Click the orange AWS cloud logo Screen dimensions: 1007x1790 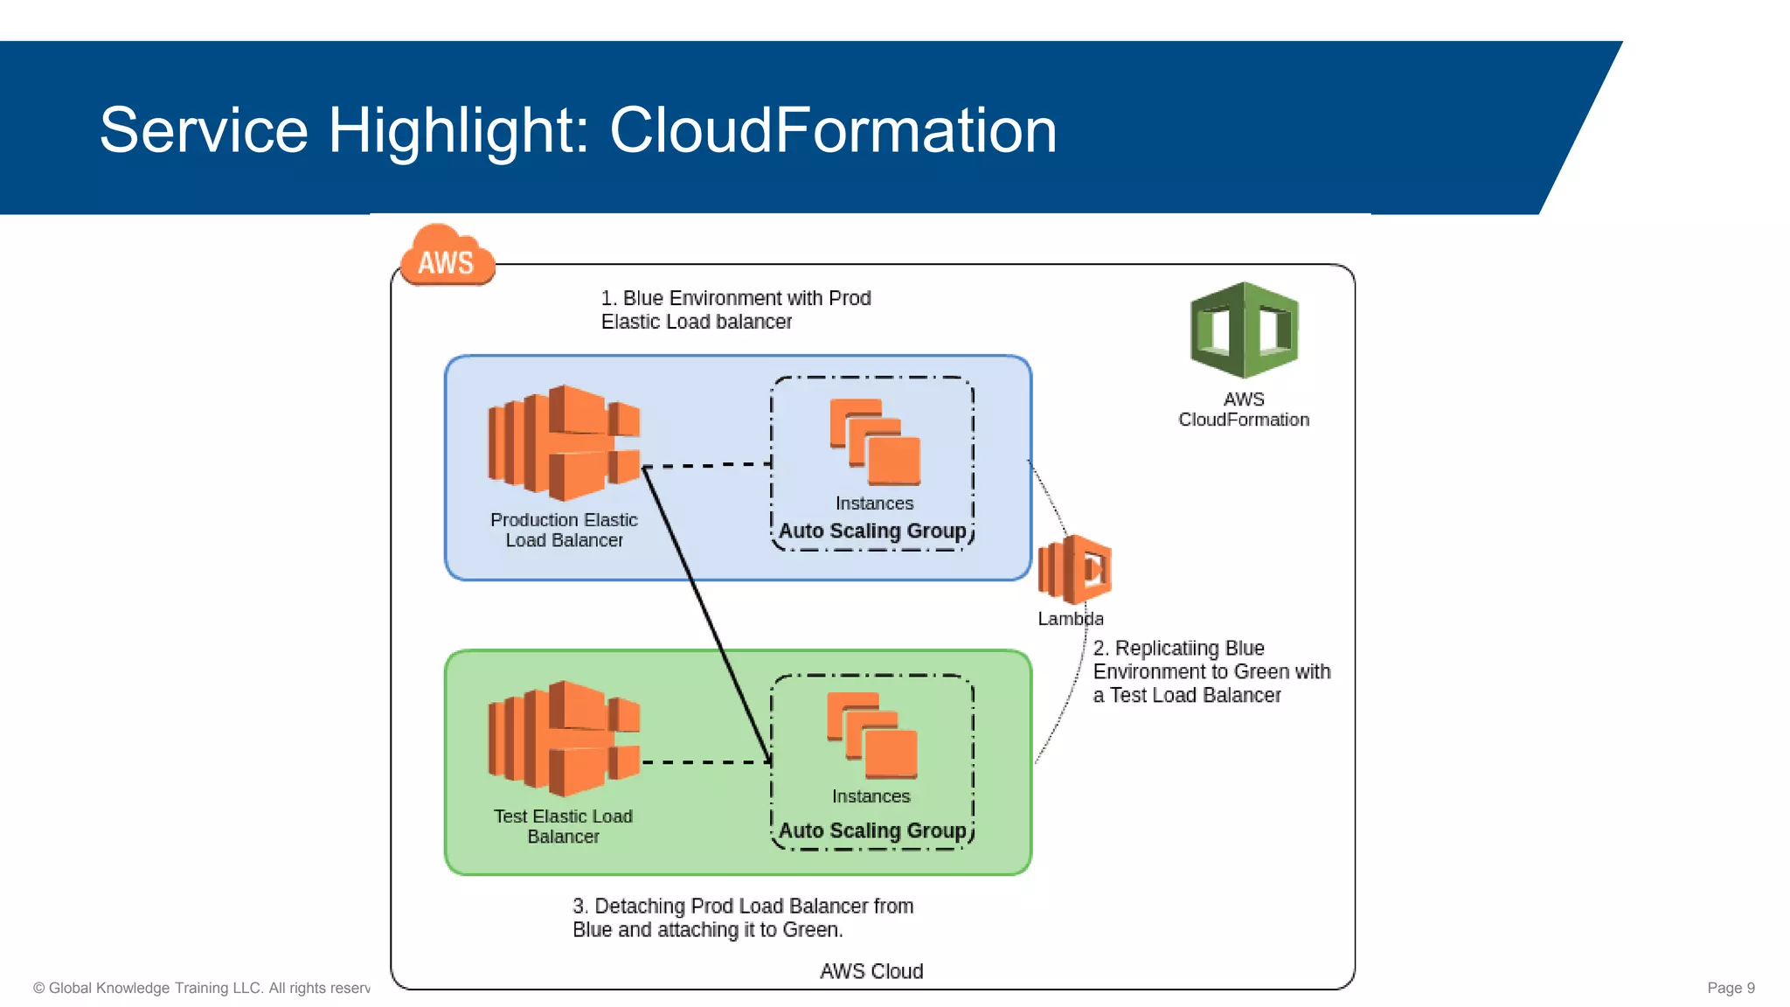click(x=447, y=257)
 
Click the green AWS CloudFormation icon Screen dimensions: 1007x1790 click(x=1244, y=330)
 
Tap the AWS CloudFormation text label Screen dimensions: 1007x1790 click(x=1243, y=409)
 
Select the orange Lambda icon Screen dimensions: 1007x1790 click(x=1074, y=570)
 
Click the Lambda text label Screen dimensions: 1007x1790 click(x=1070, y=619)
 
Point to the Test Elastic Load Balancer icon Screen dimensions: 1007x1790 click(x=564, y=738)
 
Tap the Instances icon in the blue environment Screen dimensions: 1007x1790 click(x=875, y=441)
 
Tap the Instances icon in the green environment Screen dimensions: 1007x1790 click(x=872, y=735)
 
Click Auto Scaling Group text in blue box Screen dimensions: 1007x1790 click(x=872, y=531)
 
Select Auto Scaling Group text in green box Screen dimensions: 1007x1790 click(x=872, y=830)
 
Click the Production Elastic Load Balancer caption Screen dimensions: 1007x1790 click(x=564, y=530)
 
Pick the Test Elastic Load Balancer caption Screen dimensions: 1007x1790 click(x=563, y=826)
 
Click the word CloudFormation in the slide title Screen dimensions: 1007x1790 click(x=832, y=130)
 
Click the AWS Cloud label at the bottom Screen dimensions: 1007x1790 click(x=871, y=971)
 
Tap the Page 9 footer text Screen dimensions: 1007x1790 click(x=1730, y=988)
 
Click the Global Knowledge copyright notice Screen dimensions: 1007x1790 click(x=201, y=988)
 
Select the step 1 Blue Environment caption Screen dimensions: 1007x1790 click(x=735, y=309)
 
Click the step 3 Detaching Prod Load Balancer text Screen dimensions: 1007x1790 click(x=742, y=918)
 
